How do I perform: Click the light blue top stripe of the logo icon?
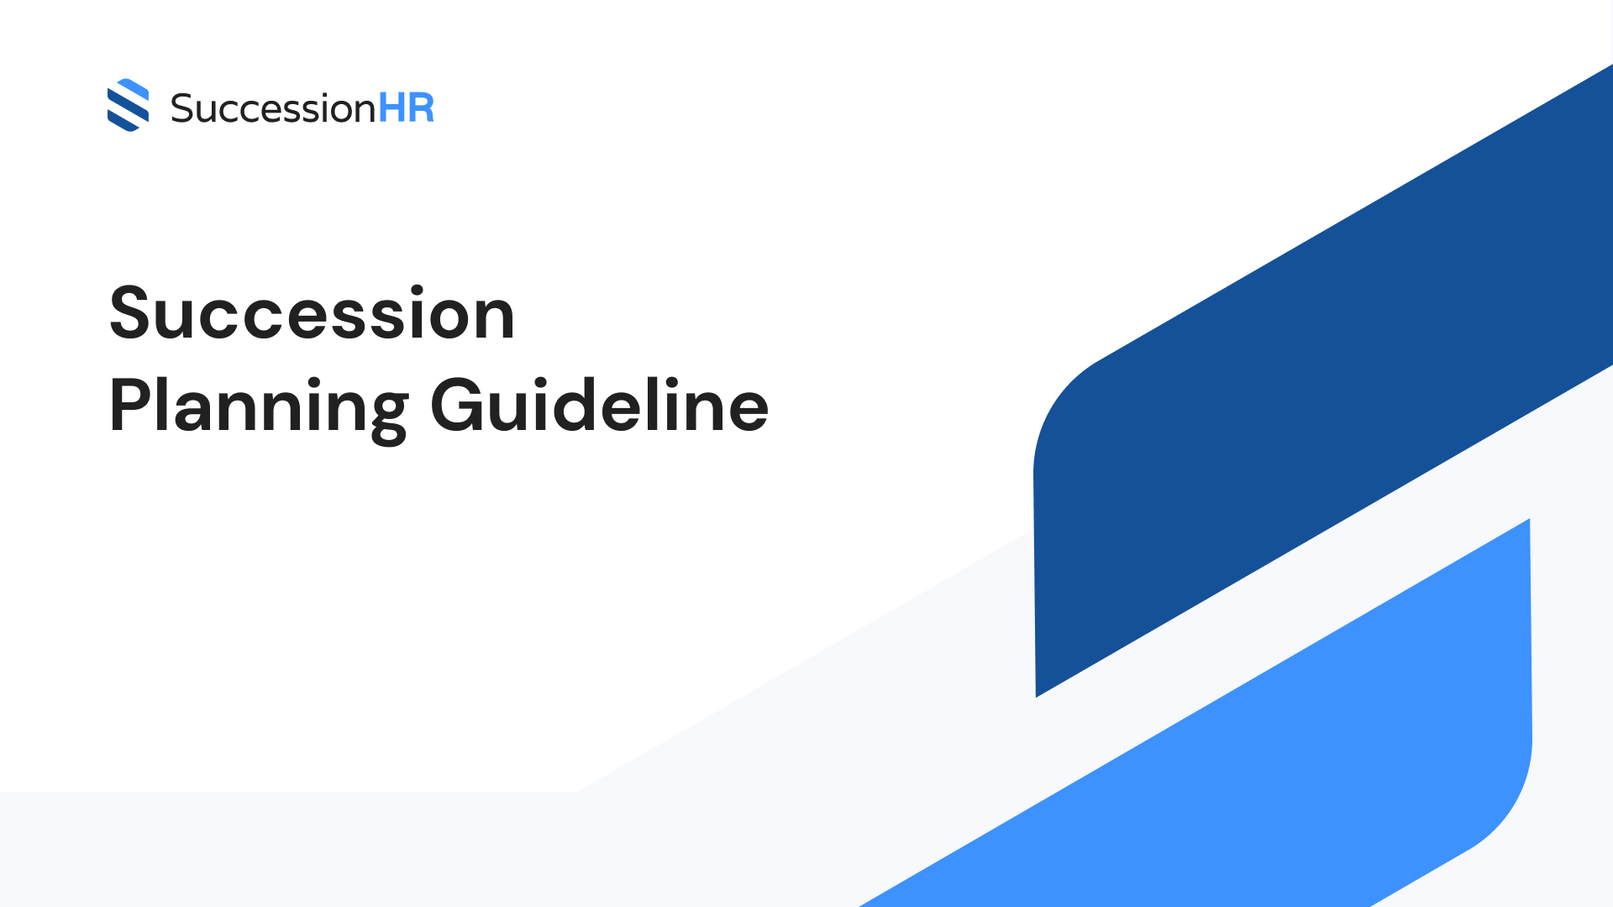(134, 87)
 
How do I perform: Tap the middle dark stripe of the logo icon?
(128, 105)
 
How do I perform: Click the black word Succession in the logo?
(272, 109)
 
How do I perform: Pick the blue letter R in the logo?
(421, 108)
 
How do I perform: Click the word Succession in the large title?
(312, 313)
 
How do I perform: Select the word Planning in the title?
(259, 407)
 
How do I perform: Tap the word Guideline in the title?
(599, 406)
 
